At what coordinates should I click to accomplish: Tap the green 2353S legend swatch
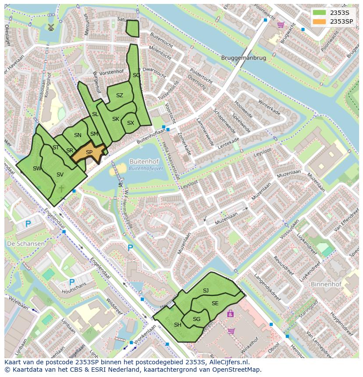pyautogui.click(x=320, y=13)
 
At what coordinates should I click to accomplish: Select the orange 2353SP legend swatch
pyautogui.click(x=320, y=21)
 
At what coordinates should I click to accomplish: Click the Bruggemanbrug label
pyautogui.click(x=244, y=58)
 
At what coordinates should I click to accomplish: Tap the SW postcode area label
pyautogui.click(x=37, y=169)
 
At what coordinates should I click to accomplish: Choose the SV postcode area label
pyautogui.click(x=60, y=175)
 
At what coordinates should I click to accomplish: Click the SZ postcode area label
pyautogui.click(x=120, y=95)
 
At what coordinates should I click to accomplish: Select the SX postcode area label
pyautogui.click(x=130, y=123)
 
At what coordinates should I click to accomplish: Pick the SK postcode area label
pyautogui.click(x=115, y=119)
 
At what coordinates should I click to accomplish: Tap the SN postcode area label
pyautogui.click(x=78, y=135)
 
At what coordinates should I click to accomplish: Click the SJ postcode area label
pyautogui.click(x=206, y=291)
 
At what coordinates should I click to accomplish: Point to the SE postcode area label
pyautogui.click(x=215, y=303)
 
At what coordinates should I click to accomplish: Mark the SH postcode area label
pyautogui.click(x=178, y=324)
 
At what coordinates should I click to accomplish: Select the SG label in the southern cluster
pyautogui.click(x=196, y=319)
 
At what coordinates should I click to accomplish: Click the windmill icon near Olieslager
pyautogui.click(x=50, y=27)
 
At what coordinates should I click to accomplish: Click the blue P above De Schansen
pyautogui.click(x=28, y=224)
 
